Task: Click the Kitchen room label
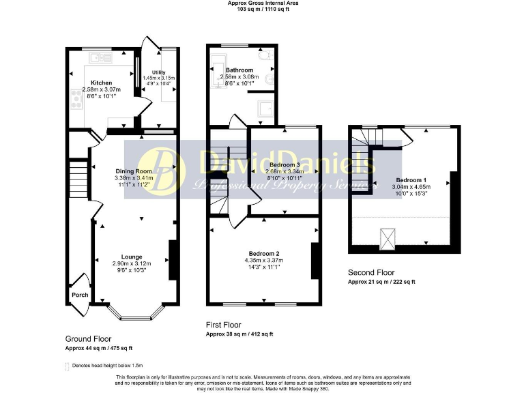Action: (x=91, y=83)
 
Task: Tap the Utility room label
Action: (x=158, y=71)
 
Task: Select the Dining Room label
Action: (x=133, y=171)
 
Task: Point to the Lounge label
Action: (x=132, y=257)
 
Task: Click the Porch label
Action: (x=80, y=295)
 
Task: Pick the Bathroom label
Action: (x=239, y=70)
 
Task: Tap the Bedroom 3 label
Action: (x=284, y=165)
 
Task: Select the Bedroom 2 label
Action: (x=263, y=253)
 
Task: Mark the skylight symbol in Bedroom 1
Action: (x=387, y=238)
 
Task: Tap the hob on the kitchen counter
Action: (x=74, y=102)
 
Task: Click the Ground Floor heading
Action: (x=88, y=338)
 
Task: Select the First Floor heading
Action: (x=223, y=325)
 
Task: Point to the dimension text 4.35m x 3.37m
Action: (x=263, y=260)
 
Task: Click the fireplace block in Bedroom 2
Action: (x=316, y=261)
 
